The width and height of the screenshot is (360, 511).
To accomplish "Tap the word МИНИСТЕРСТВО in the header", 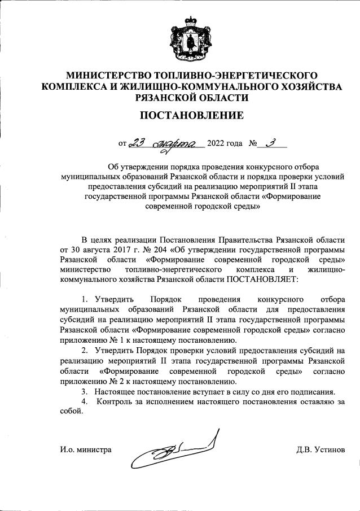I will (104, 76).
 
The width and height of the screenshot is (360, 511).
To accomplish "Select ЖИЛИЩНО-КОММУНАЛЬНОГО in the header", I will (210, 86).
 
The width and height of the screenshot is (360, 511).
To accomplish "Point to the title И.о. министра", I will (85, 450).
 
